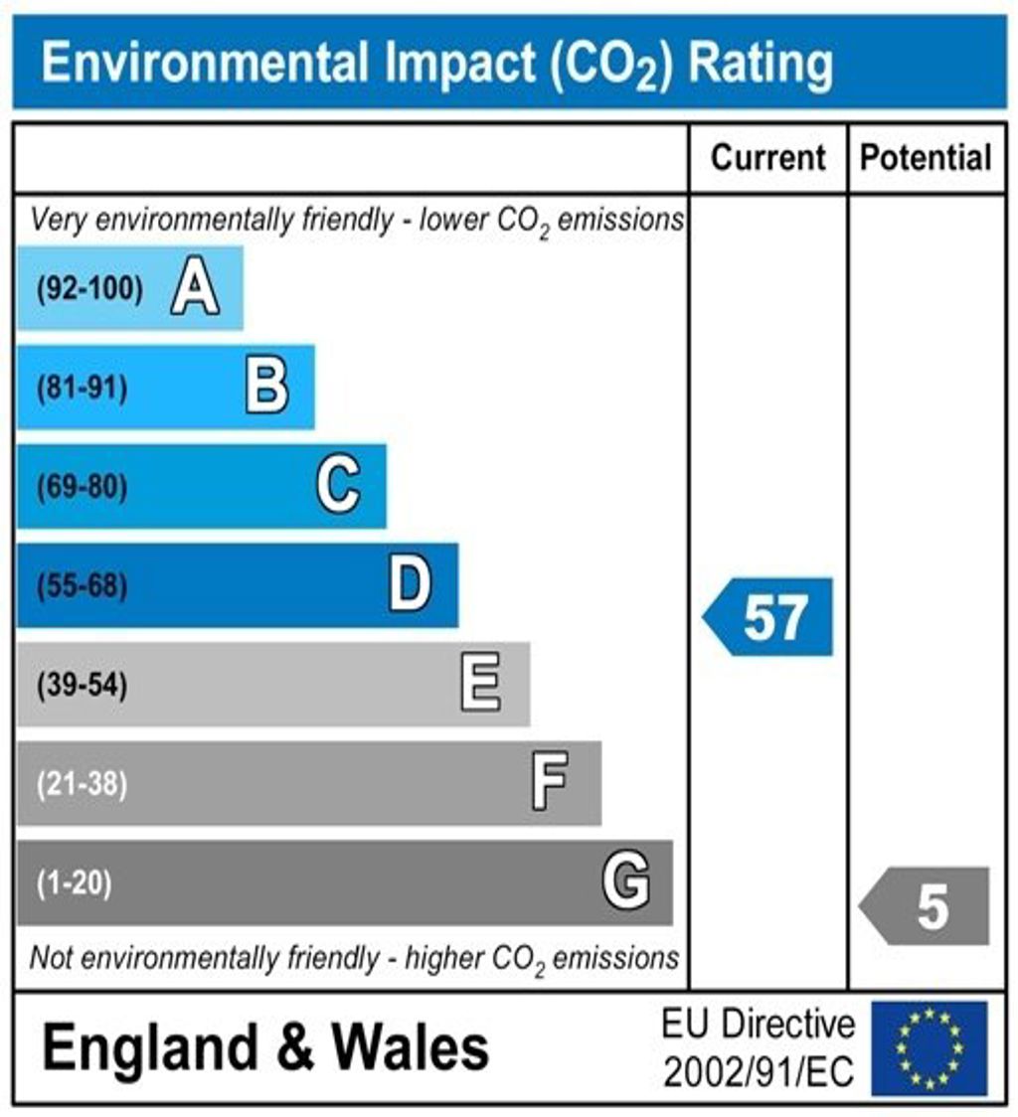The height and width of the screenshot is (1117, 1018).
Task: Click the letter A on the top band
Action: [195, 290]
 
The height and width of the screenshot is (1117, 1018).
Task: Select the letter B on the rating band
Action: [266, 388]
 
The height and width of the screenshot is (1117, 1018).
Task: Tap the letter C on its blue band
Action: [338, 487]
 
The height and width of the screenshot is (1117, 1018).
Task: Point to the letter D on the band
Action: [410, 585]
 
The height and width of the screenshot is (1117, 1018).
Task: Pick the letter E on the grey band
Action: [481, 685]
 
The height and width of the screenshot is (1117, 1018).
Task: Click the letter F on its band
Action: [550, 783]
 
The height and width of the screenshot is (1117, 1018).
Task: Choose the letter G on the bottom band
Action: [626, 881]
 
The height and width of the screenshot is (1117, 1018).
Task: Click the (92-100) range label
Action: [89, 290]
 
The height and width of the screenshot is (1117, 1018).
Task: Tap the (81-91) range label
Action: [82, 389]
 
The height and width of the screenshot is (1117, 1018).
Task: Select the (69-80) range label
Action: [82, 487]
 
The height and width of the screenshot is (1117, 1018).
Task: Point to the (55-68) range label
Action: [82, 586]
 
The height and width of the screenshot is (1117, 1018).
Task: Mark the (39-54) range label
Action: [82, 685]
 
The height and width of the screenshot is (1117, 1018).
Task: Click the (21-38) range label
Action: [82, 784]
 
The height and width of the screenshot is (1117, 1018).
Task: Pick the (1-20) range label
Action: [74, 882]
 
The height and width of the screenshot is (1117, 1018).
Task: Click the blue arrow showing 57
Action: [769, 617]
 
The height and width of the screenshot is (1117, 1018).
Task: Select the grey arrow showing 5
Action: [926, 906]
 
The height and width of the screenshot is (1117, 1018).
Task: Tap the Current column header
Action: [768, 158]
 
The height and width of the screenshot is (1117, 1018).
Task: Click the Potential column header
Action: [926, 158]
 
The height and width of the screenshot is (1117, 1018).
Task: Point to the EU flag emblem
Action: [930, 1047]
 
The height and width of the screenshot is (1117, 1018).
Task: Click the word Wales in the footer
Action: [410, 1047]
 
